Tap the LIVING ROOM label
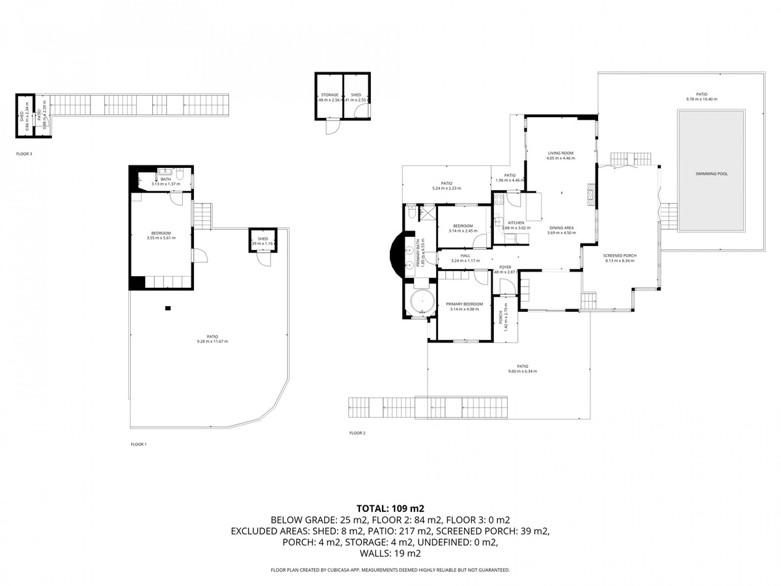pyautogui.click(x=560, y=153)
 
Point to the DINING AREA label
pyautogui.click(x=560, y=228)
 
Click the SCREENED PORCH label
pyautogui.click(x=620, y=256)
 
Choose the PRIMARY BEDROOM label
pyautogui.click(x=464, y=304)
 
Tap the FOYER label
pyautogui.click(x=504, y=268)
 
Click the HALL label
pyautogui.click(x=465, y=256)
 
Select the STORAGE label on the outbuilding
pyautogui.click(x=329, y=95)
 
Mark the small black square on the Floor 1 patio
pyautogui.click(x=168, y=308)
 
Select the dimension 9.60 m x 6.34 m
pyautogui.click(x=522, y=371)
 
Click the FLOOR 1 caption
pyautogui.click(x=139, y=444)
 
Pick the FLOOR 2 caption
pyautogui.click(x=357, y=433)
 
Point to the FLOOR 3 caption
pyautogui.click(x=24, y=154)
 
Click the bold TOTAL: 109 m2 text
pyautogui.click(x=390, y=508)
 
